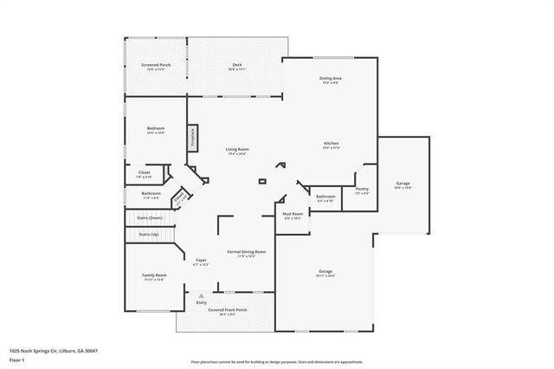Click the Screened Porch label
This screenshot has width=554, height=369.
156,65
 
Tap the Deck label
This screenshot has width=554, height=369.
236,65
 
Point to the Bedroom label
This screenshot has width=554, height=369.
156,130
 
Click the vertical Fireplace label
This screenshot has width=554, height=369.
193,139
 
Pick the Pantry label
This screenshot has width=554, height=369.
362,189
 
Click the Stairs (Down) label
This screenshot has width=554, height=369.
150,217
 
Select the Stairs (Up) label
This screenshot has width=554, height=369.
149,234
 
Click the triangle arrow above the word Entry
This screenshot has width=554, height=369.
201,295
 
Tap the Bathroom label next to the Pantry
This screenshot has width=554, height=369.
325,197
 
